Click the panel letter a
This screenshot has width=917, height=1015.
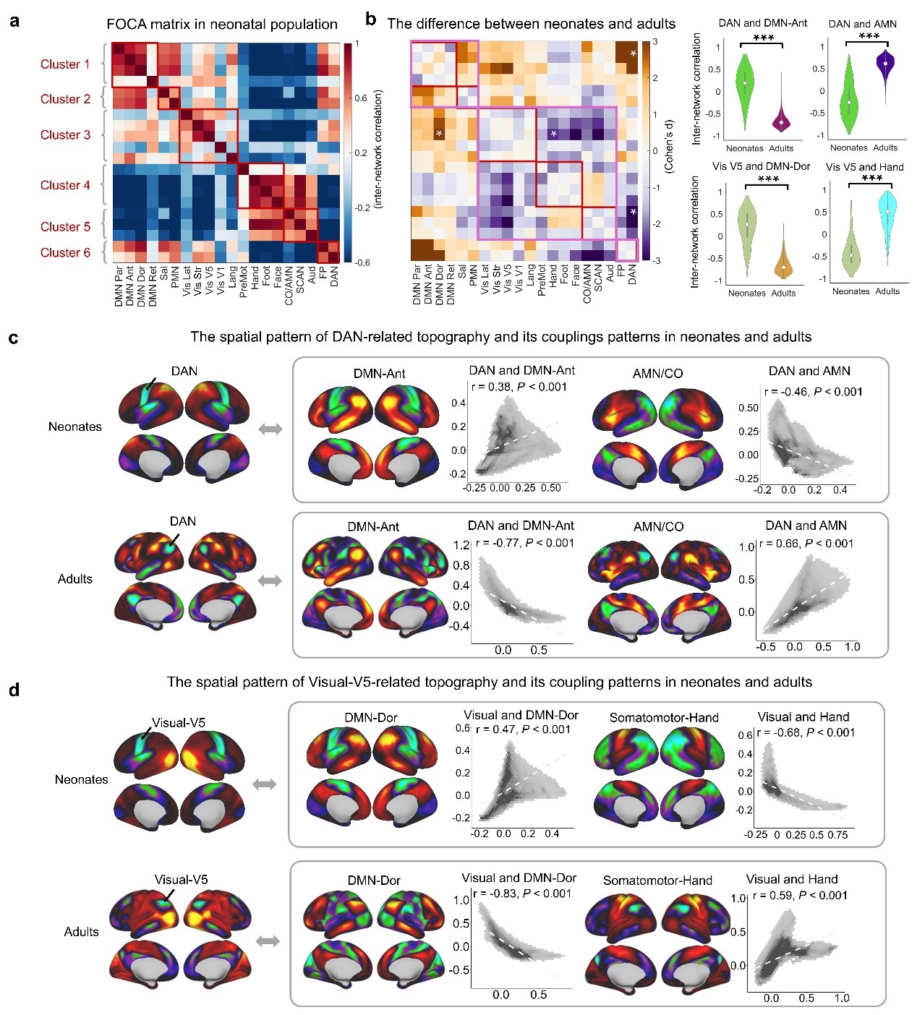click(14, 21)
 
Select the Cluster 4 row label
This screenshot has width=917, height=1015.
click(65, 185)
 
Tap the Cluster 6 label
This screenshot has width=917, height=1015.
click(65, 252)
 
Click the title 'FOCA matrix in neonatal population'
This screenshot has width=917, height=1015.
click(222, 25)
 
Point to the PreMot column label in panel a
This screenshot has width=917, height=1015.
click(244, 281)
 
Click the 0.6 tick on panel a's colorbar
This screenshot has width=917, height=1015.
click(361, 98)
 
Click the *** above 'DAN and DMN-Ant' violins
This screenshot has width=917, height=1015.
click(763, 38)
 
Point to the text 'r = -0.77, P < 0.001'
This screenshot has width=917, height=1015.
click(524, 543)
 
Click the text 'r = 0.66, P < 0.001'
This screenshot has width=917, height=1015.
click(806, 544)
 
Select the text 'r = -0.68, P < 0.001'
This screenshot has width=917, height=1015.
click(806, 732)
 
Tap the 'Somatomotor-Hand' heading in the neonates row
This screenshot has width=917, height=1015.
click(664, 717)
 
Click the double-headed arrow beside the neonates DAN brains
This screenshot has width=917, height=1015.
click(270, 429)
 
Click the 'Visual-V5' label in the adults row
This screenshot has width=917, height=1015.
click(181, 879)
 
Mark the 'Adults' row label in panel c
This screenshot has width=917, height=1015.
click(75, 579)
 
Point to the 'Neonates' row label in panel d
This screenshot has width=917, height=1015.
click(81, 779)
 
